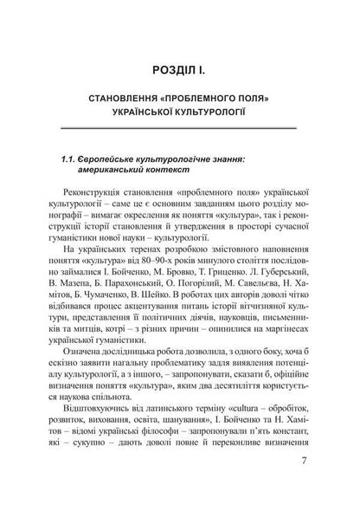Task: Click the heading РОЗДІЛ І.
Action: [181, 68]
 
